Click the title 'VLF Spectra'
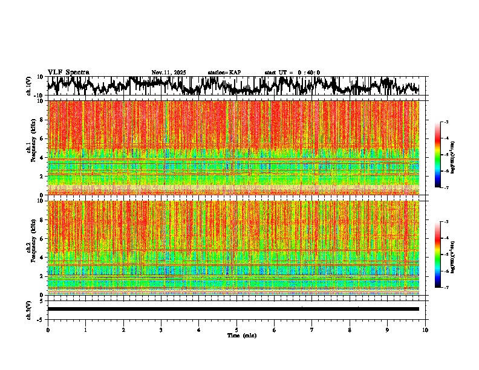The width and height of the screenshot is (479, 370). click(x=68, y=72)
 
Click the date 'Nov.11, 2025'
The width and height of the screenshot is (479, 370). click(x=169, y=73)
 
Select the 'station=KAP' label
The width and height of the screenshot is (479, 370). click(x=224, y=73)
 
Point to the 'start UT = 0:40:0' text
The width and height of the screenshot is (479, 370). click(x=292, y=73)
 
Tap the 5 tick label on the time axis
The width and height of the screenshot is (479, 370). click(x=236, y=329)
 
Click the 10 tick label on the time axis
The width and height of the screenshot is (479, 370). click(x=425, y=329)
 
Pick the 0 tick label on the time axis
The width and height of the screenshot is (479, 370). click(x=48, y=329)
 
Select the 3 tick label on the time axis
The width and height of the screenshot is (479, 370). click(x=161, y=329)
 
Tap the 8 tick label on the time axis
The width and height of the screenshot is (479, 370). click(x=350, y=329)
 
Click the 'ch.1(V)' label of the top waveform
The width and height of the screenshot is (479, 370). click(x=29, y=86)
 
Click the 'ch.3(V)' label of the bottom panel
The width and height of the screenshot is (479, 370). click(x=29, y=309)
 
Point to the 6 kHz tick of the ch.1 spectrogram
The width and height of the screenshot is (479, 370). click(x=41, y=138)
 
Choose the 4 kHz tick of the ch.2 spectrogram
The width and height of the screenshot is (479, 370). click(x=41, y=257)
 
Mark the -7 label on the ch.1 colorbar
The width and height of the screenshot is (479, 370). click(x=446, y=187)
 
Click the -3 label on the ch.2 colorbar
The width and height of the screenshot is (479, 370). click(x=446, y=222)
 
